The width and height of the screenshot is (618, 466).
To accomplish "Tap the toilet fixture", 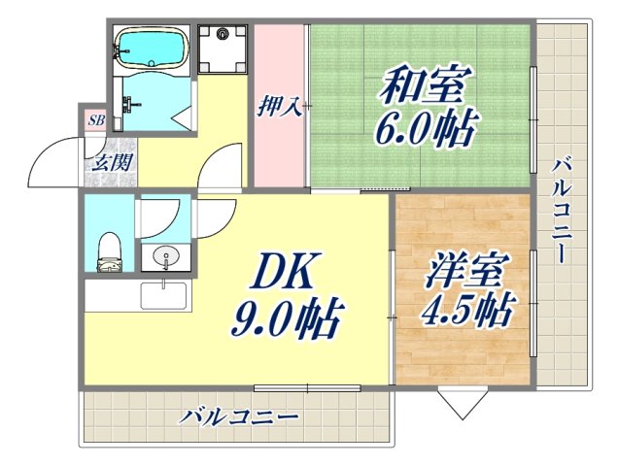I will point(109,250).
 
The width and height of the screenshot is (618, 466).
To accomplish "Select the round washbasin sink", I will point(166,258).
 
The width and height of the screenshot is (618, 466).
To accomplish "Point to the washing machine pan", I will point(224,45).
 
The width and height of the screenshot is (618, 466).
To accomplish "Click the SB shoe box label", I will point(95,121).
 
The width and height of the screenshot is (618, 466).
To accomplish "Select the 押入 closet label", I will point(279,106).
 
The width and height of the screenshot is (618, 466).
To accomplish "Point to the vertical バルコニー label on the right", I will point(561,209).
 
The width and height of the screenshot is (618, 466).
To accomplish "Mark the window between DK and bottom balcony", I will point(307,388).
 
